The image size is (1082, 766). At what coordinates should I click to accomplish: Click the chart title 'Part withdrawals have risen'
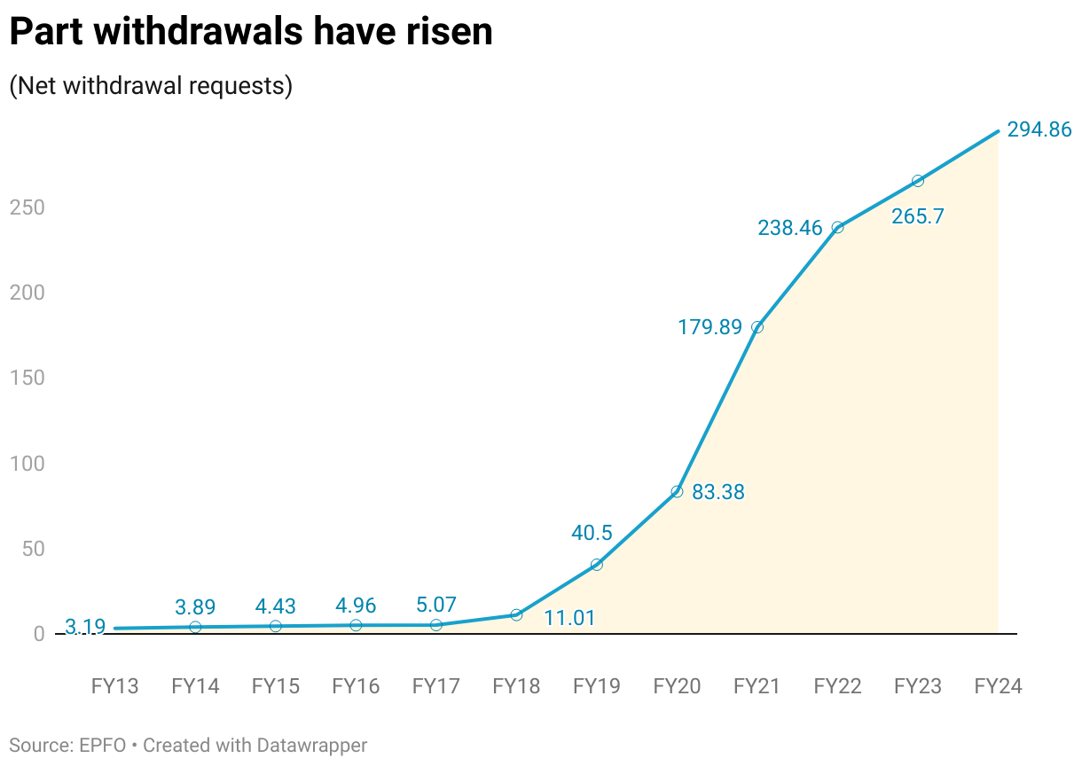[250, 32]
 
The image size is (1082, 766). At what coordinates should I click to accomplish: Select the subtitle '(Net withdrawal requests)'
[151, 86]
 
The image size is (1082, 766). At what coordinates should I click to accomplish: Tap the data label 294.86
[1039, 129]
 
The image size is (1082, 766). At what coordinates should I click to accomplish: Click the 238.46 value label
[788, 228]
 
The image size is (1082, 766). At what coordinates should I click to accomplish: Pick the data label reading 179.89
[710, 327]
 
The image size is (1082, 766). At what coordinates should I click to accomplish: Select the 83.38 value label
[717, 492]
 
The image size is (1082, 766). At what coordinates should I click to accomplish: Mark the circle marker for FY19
[597, 565]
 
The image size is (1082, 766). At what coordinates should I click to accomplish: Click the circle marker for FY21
[757, 327]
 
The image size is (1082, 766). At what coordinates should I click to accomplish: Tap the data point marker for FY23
[918, 181]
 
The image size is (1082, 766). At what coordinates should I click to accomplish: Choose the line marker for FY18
[516, 614]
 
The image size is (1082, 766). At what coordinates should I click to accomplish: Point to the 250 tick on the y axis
[27, 207]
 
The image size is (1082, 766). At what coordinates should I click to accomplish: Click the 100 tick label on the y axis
[27, 464]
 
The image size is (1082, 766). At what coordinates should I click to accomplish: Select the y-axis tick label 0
[38, 634]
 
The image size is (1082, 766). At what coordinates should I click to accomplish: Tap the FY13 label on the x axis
[114, 686]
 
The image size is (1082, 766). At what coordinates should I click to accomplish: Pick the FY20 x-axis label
[677, 686]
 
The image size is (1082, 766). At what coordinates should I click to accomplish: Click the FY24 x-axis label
[998, 686]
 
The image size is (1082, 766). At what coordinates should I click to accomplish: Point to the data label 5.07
[435, 606]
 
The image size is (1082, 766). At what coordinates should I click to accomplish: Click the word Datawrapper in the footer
[311, 746]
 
